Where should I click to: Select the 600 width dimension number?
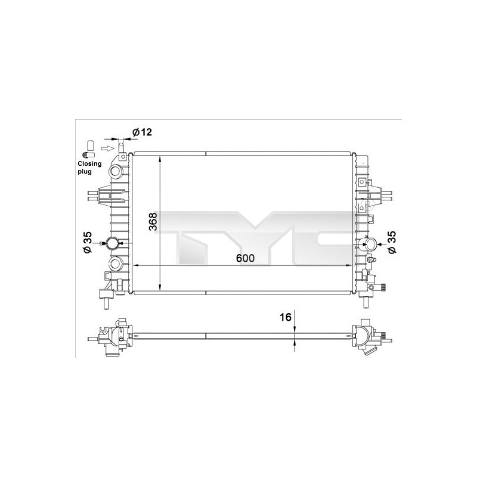[x=244, y=258]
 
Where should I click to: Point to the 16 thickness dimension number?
[x=286, y=317]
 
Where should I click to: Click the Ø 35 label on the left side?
[x=88, y=243]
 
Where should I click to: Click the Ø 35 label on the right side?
[x=392, y=243]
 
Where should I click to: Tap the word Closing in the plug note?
[x=89, y=163]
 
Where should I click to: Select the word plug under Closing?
[x=85, y=171]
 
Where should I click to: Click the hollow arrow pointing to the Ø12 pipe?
[x=107, y=147]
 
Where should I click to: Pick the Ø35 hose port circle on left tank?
[x=111, y=243]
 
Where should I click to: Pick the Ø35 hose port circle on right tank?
[x=371, y=243]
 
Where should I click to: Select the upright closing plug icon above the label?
[x=91, y=147]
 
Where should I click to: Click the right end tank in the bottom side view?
[x=367, y=337]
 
